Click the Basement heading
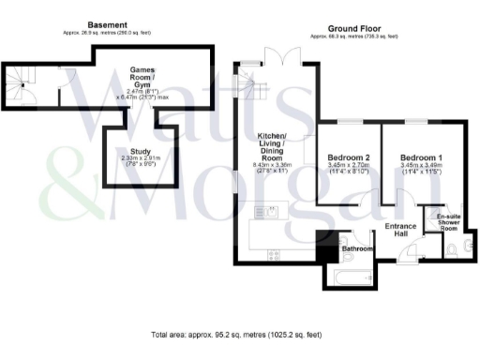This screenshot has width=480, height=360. click(107, 24)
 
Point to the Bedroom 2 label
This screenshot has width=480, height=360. click(346, 157)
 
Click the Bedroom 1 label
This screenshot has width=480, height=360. click(419, 157)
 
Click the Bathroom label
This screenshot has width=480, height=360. click(358, 248)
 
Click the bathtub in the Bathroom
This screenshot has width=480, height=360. click(351, 277)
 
